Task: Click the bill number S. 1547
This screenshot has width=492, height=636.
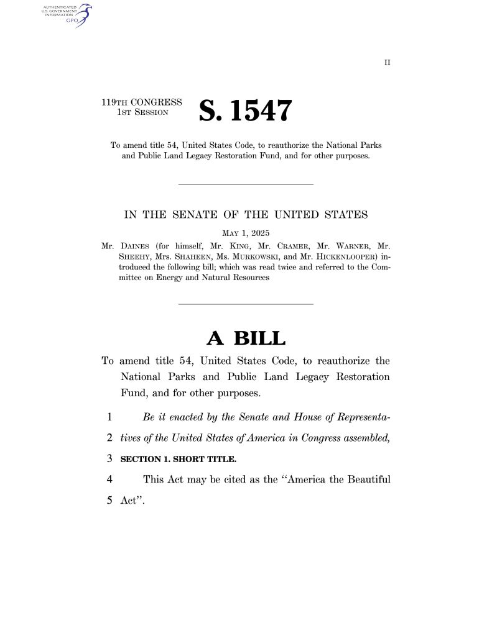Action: click(x=244, y=111)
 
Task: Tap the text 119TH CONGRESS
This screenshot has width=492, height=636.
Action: click(x=142, y=102)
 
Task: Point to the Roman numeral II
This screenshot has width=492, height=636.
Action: click(x=387, y=63)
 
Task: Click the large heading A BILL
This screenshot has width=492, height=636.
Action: click(x=246, y=338)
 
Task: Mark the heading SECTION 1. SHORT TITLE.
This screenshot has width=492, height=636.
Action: click(x=179, y=460)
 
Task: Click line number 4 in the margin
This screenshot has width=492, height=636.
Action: click(x=109, y=479)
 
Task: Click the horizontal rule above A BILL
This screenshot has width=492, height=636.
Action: click(x=246, y=304)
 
